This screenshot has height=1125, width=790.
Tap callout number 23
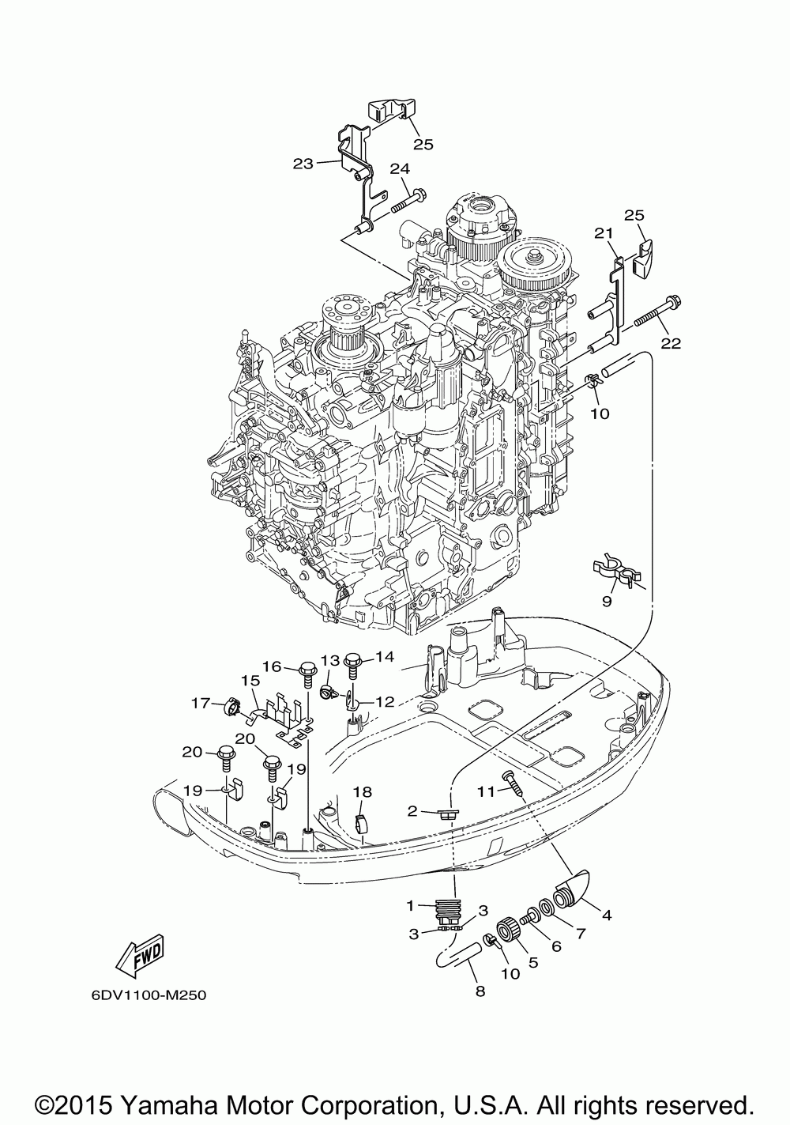pos(303,164)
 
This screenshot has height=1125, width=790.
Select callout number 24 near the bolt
pos(400,169)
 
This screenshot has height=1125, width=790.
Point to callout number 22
pos(671,343)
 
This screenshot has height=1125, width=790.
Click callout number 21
pos(604,233)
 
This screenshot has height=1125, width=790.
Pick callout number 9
pos(607,601)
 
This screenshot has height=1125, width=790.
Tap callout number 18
pos(363,792)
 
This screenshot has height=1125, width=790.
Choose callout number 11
pos(486,791)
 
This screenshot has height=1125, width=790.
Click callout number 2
pos(412,810)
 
